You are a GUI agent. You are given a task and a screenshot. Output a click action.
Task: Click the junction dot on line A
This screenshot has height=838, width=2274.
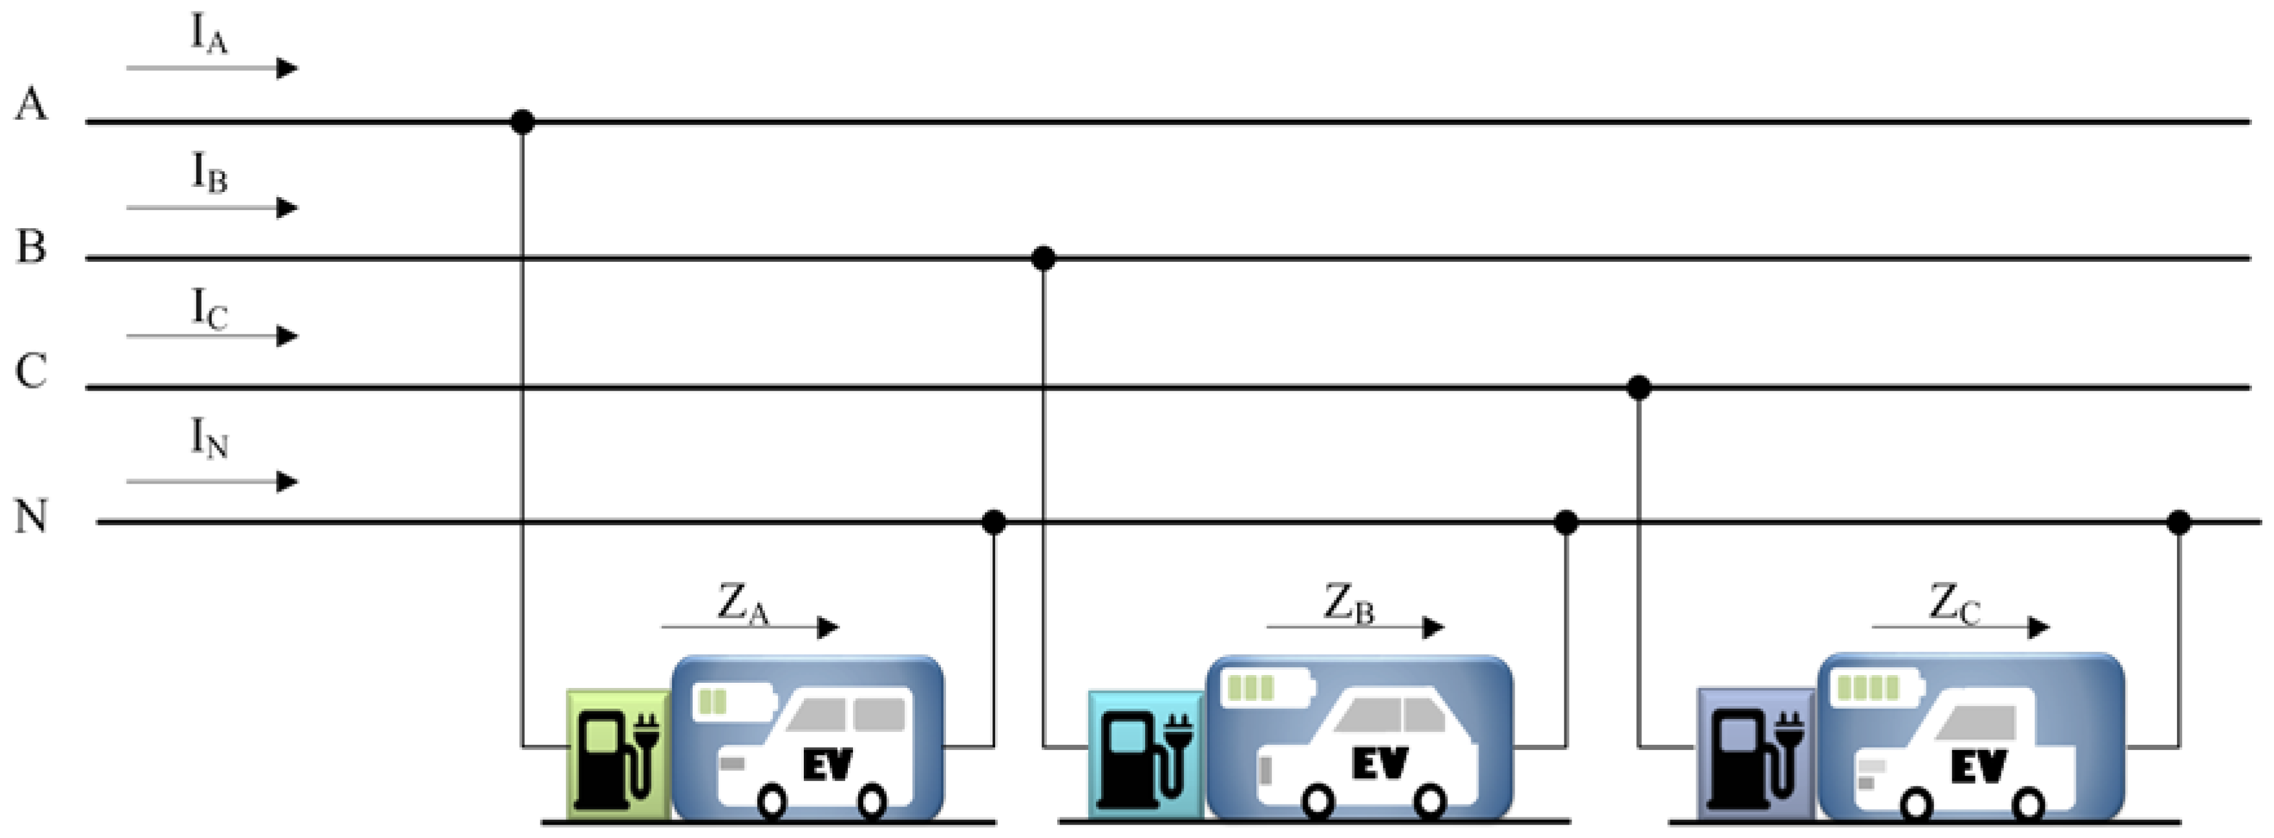coord(523,121)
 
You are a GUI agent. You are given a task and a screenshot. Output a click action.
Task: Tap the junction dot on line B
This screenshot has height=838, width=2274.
coord(1044,259)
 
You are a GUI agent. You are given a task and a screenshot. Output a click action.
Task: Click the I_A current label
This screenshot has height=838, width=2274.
coord(209,36)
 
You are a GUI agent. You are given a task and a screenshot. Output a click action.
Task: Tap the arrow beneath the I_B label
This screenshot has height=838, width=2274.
coord(212,208)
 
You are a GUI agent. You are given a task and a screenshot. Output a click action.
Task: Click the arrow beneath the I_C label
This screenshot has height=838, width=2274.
coord(212,336)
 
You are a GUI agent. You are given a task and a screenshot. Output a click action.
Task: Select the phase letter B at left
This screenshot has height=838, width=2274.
coord(32,246)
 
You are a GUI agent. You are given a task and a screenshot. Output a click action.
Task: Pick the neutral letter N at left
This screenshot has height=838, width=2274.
coord(32,517)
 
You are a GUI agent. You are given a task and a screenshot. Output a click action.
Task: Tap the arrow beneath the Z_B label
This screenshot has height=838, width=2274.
coord(1355,628)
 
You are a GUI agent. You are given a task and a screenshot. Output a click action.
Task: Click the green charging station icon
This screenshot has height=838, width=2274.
coord(618,753)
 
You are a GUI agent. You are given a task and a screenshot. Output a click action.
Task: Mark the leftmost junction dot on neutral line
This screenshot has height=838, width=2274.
coord(994,522)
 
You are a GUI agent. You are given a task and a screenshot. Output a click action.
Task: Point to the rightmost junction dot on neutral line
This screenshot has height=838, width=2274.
coord(2178,522)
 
